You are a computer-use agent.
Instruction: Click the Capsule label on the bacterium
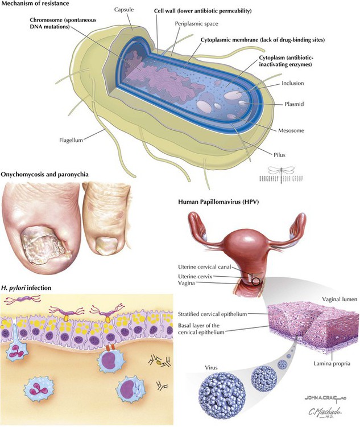pos(124,10)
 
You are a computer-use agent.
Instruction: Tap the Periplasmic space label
pos(196,24)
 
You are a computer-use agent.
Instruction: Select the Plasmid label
pos(294,104)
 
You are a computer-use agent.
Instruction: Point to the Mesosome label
pos(291,130)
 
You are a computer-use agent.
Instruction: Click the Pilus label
pos(279,155)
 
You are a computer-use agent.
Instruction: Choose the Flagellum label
pos(71,140)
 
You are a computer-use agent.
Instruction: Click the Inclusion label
pos(293,83)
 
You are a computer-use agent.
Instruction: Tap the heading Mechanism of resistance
pos(35,3)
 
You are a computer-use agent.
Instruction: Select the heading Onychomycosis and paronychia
pos(44,174)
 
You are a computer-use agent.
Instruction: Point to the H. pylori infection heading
pos(26,288)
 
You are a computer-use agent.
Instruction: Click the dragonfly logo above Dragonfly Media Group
pos(281,171)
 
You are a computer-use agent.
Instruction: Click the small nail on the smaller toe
pos(106,245)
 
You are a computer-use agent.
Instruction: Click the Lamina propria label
pos(332,363)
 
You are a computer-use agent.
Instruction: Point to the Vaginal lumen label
pos(340,299)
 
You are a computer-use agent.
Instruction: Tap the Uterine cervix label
pos(195,276)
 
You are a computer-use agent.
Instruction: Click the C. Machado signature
pos(325,412)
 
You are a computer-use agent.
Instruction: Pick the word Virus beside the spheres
pos(211,368)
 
